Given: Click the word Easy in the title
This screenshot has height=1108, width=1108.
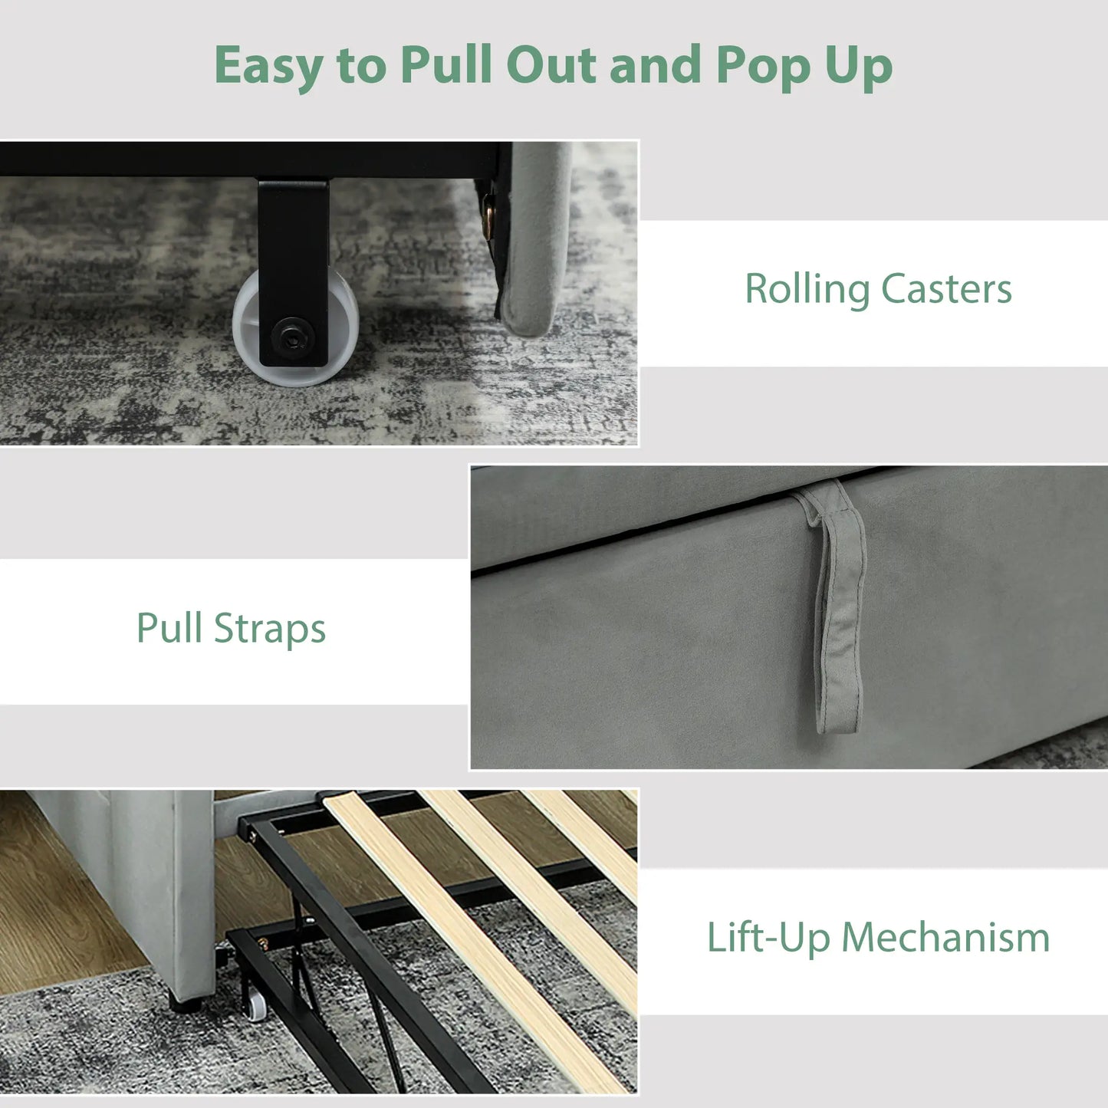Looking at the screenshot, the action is pos(268,66).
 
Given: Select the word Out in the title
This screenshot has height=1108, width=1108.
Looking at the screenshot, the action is pos(551,64).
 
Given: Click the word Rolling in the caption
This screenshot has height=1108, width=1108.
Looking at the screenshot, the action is pos(807,290).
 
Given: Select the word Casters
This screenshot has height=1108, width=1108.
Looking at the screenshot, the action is pos(946,288).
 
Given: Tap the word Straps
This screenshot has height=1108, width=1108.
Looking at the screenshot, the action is pos(270,629).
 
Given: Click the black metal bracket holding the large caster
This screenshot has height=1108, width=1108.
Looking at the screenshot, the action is pos(293,272).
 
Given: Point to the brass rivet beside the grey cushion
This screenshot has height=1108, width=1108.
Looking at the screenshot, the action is pos(488,217).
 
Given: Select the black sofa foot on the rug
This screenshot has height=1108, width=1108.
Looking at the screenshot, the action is pos(185,1004).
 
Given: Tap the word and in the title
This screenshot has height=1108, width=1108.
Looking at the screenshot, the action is pos(656,64).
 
